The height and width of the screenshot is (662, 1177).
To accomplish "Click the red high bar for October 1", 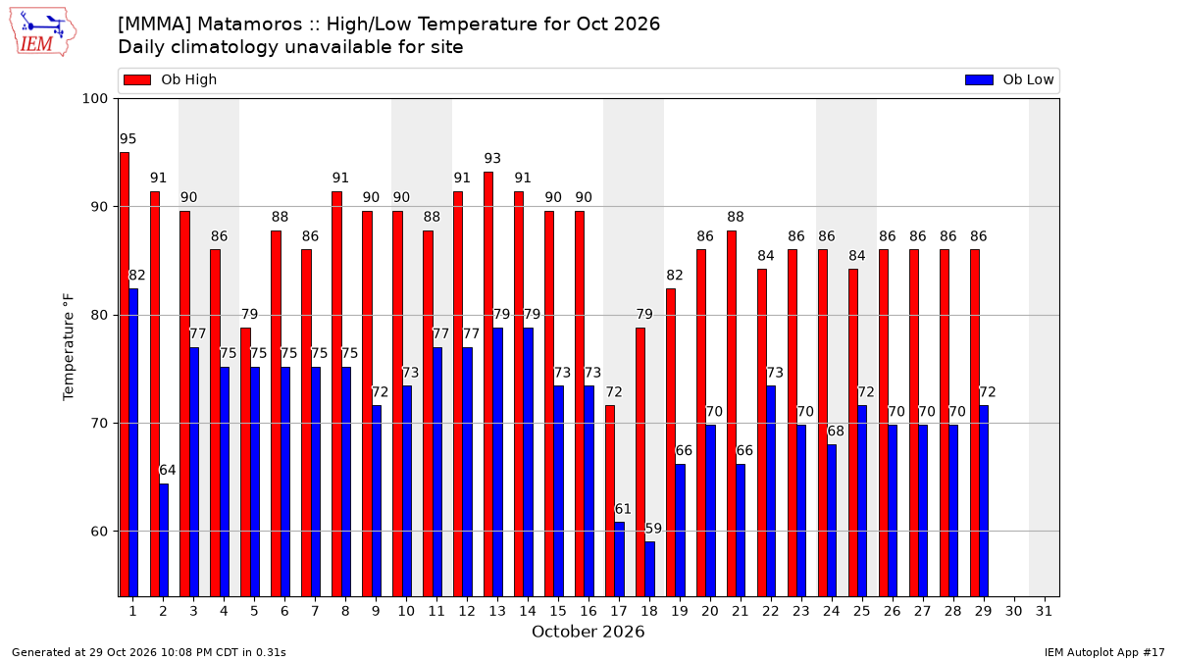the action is pyautogui.click(x=125, y=375).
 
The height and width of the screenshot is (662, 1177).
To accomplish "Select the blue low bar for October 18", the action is pyautogui.click(x=650, y=569).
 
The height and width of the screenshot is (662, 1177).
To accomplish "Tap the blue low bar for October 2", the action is pyautogui.click(x=164, y=540).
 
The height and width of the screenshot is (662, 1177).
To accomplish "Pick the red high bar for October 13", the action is pyautogui.click(x=488, y=384).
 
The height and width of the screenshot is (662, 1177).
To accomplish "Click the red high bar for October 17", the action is pyautogui.click(x=610, y=501).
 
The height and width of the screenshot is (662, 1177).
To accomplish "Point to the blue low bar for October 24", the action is pyautogui.click(x=832, y=521).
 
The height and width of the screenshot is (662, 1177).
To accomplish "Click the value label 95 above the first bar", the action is pyautogui.click(x=128, y=138).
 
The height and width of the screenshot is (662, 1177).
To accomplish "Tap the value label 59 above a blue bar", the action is pyautogui.click(x=653, y=528).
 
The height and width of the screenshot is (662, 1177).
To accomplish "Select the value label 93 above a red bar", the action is pyautogui.click(x=492, y=158).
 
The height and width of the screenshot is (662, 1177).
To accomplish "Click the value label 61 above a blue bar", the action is pyautogui.click(x=623, y=509).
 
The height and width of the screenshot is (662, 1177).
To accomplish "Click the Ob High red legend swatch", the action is pyautogui.click(x=137, y=79).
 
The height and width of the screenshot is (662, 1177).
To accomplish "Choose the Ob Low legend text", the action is pyautogui.click(x=1028, y=79).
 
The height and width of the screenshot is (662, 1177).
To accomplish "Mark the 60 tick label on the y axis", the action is pyautogui.click(x=99, y=532).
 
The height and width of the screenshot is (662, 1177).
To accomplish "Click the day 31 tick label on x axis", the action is pyautogui.click(x=1044, y=611).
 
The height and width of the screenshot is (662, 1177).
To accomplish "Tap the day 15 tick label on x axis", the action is pyautogui.click(x=558, y=611).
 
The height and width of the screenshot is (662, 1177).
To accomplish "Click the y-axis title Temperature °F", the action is pyautogui.click(x=69, y=347).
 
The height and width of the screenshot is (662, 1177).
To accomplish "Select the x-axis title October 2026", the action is pyautogui.click(x=588, y=632).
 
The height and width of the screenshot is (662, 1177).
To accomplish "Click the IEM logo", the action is pyautogui.click(x=42, y=32).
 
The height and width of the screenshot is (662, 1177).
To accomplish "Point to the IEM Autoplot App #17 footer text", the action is pyautogui.click(x=1104, y=652).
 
